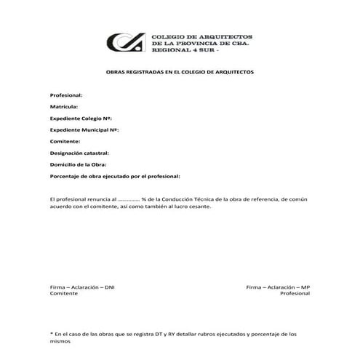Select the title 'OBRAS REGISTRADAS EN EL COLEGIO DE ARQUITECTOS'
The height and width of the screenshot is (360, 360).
click(x=180, y=73)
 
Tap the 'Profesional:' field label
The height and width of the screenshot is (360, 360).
click(x=65, y=95)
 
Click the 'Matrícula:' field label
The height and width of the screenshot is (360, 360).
click(x=64, y=107)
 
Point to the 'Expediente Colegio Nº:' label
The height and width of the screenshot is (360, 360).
click(x=80, y=118)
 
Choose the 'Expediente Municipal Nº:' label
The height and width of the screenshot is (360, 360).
click(x=84, y=129)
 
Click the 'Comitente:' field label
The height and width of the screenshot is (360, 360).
click(x=65, y=141)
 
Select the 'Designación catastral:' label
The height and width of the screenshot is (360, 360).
click(x=79, y=153)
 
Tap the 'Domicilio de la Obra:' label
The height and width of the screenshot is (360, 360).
click(x=78, y=164)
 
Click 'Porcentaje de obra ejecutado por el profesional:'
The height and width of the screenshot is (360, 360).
click(x=114, y=176)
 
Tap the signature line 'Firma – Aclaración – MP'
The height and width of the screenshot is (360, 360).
click(x=278, y=287)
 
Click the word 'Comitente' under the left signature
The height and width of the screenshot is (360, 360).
click(x=63, y=295)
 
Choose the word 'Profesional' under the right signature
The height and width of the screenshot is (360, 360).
click(x=295, y=295)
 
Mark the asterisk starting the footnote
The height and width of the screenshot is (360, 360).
click(x=51, y=333)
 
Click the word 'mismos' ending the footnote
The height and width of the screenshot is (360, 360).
click(x=60, y=340)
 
